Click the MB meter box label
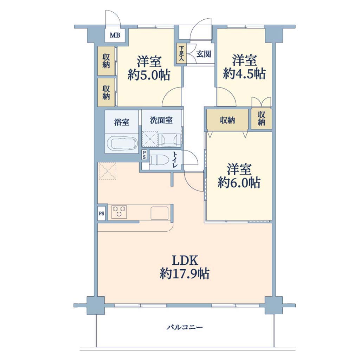point(115,36)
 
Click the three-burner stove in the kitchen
point(119,212)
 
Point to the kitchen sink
point(159,212)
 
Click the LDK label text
point(185,261)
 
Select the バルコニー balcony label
point(185,327)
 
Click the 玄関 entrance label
point(204,54)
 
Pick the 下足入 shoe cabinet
point(181,54)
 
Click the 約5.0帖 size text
point(149,75)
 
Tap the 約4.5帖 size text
point(244,73)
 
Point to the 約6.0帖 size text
point(239,182)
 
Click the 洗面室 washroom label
point(161,120)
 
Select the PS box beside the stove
point(101,213)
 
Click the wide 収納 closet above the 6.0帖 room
point(227,120)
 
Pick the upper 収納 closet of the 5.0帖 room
point(106,61)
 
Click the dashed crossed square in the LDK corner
point(107,171)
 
